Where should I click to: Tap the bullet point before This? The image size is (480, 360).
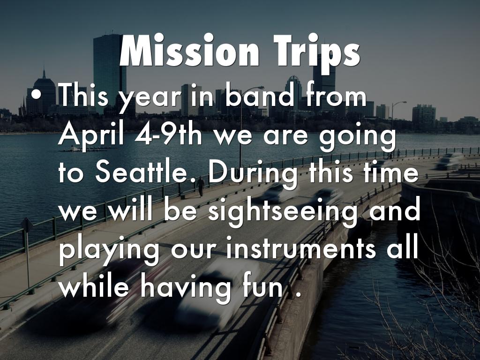point(36,94)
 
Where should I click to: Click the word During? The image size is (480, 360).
point(253,174)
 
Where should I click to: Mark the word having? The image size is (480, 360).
point(186,289)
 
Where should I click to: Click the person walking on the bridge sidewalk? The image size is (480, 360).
point(201,187)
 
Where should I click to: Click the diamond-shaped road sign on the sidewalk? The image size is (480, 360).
point(27,225)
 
